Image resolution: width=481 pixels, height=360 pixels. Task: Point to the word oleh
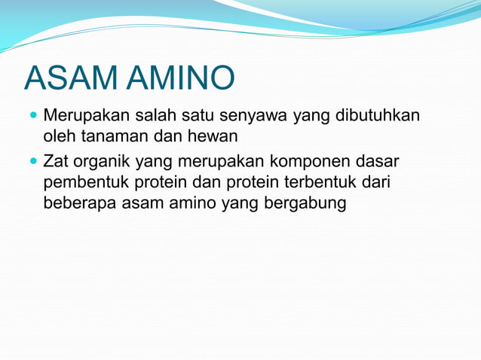pos(58,137)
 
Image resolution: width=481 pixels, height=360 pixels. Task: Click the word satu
pos(194,117)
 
